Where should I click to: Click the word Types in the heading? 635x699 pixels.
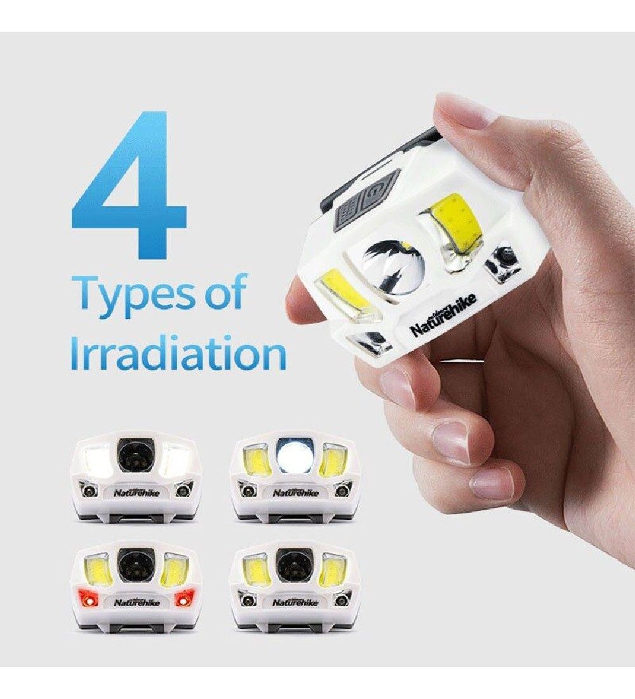(x=133, y=294)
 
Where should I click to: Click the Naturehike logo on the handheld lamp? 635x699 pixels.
(x=443, y=314)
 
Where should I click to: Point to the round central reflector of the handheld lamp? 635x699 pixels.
(x=392, y=269)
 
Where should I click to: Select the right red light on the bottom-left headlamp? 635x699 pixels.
(x=183, y=600)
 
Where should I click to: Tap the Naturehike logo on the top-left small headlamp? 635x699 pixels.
(x=136, y=492)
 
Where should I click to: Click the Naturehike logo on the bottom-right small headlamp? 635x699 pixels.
(x=295, y=602)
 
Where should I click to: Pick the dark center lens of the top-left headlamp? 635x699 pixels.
(x=135, y=456)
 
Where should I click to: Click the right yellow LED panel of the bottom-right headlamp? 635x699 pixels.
(x=333, y=571)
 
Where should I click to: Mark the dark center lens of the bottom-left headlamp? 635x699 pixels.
(x=135, y=567)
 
